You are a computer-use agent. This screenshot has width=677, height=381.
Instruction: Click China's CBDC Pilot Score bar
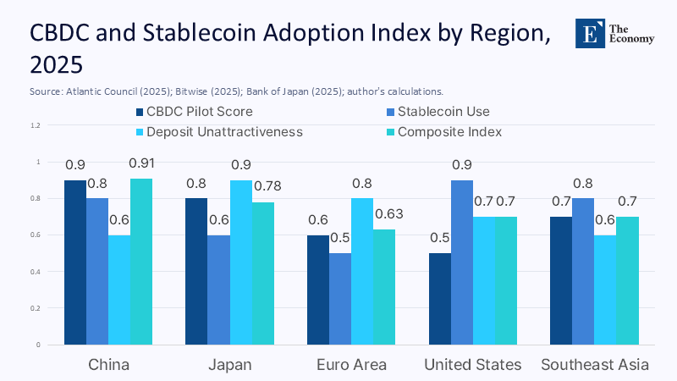(x=75, y=262)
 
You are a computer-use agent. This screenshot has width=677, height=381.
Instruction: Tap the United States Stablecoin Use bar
(x=462, y=262)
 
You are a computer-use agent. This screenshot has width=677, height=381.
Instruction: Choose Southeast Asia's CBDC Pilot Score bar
(x=561, y=280)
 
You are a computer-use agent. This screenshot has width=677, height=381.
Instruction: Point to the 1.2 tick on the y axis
(x=35, y=125)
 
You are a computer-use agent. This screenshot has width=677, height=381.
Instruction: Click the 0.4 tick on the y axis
(x=35, y=272)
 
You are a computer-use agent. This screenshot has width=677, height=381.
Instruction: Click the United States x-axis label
(x=472, y=365)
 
